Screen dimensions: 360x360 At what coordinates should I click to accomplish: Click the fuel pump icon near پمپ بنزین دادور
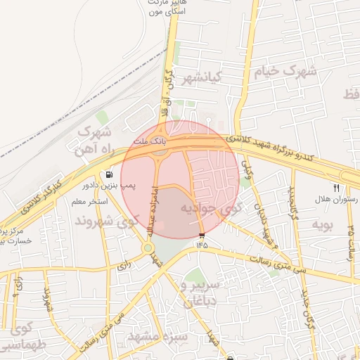point(108,175)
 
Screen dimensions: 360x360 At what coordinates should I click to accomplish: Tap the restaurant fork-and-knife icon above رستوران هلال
point(335,188)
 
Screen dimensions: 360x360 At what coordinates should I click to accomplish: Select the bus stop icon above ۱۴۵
point(202,234)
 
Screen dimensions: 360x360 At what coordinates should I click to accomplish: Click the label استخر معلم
point(89,202)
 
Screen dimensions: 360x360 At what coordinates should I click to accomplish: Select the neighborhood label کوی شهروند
point(103,221)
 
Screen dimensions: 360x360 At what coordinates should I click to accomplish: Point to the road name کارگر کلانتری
point(37,198)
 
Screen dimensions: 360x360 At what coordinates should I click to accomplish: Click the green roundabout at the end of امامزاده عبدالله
point(148,247)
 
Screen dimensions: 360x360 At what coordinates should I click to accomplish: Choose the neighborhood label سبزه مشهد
point(164,337)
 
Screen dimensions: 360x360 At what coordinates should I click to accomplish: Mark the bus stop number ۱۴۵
point(202,245)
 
